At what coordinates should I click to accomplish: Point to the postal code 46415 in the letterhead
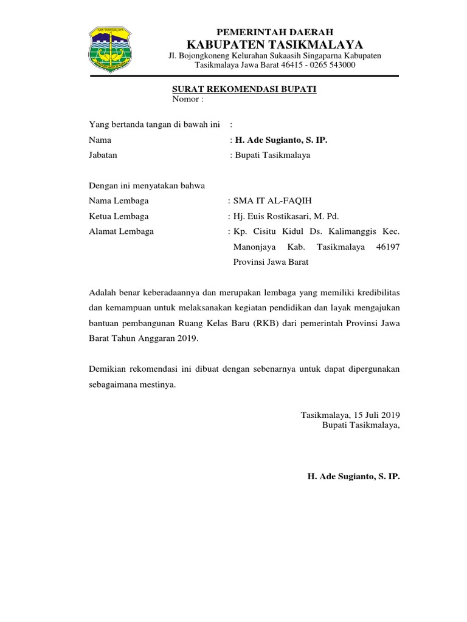point(292,64)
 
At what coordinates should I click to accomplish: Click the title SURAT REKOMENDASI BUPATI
point(244,89)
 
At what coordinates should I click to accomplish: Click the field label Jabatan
point(103,155)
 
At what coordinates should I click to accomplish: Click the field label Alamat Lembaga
point(121,231)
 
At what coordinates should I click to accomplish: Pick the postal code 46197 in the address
point(388,247)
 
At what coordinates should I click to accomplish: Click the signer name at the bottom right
point(354,476)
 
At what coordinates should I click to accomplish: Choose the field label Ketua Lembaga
point(119,216)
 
